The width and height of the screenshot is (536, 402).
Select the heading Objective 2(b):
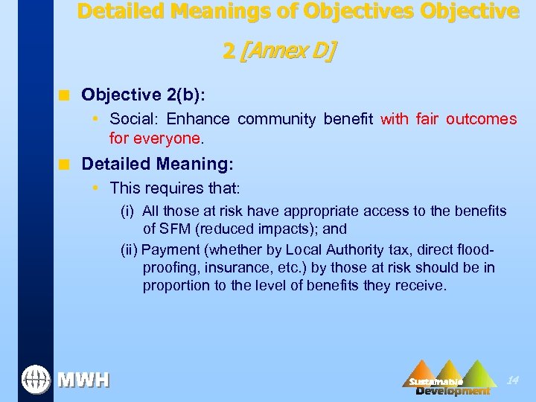[x=143, y=95]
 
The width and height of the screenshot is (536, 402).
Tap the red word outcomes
[x=481, y=119]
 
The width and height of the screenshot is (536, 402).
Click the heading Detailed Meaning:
[x=157, y=163]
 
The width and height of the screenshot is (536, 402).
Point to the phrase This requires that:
[x=174, y=188]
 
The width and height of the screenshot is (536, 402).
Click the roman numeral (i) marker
[x=128, y=211]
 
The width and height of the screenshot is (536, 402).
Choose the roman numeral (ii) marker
[x=130, y=249]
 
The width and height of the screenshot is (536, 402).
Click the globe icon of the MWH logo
[x=36, y=379]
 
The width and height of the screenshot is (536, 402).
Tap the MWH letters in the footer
[x=83, y=380]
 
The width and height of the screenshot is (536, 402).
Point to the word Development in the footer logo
[x=453, y=391]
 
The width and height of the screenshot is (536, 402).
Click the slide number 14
[x=512, y=380]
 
